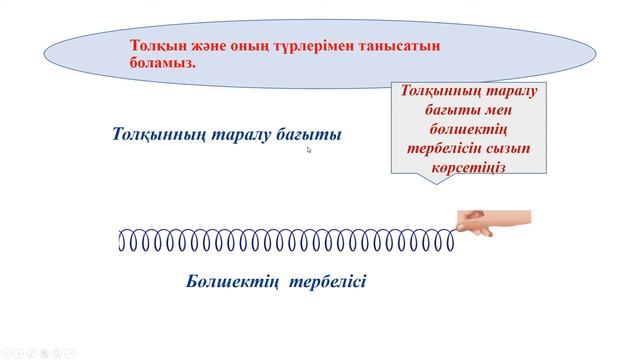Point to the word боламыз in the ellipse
(162, 62)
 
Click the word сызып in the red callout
(508, 148)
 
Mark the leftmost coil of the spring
(122, 241)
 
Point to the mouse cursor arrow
(310, 150)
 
